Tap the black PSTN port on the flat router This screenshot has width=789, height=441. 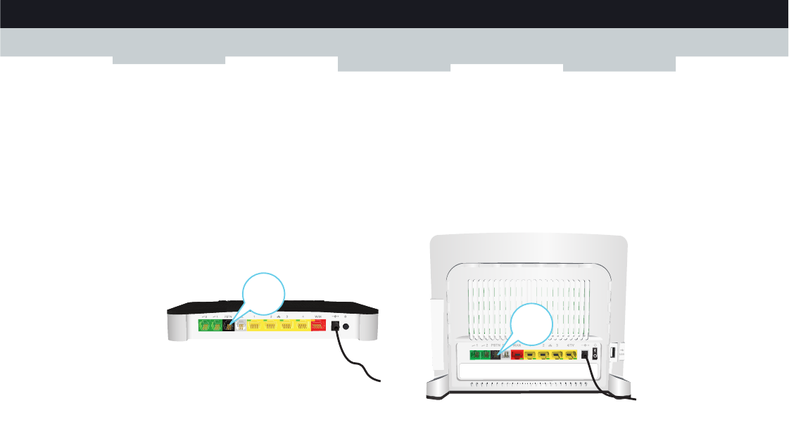tap(228, 326)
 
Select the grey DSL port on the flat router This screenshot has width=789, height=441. tap(241, 326)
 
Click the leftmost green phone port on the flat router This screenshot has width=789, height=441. tap(204, 326)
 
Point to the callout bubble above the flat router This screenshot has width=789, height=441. tap(263, 296)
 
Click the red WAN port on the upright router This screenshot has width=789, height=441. tap(516, 355)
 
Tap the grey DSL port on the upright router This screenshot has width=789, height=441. tap(504, 355)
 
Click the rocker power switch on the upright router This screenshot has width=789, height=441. tap(595, 354)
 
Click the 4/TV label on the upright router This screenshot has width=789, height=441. tap(571, 347)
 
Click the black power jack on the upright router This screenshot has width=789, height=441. tap(583, 355)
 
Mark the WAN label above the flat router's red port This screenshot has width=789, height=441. tap(319, 317)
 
